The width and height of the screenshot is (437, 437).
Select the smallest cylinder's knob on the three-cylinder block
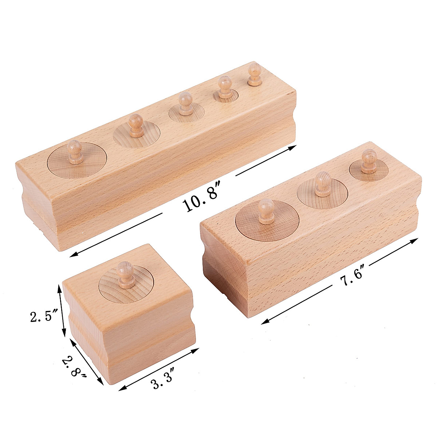click(x=369, y=160)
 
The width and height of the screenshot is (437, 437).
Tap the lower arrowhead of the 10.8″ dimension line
click(x=72, y=255)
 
